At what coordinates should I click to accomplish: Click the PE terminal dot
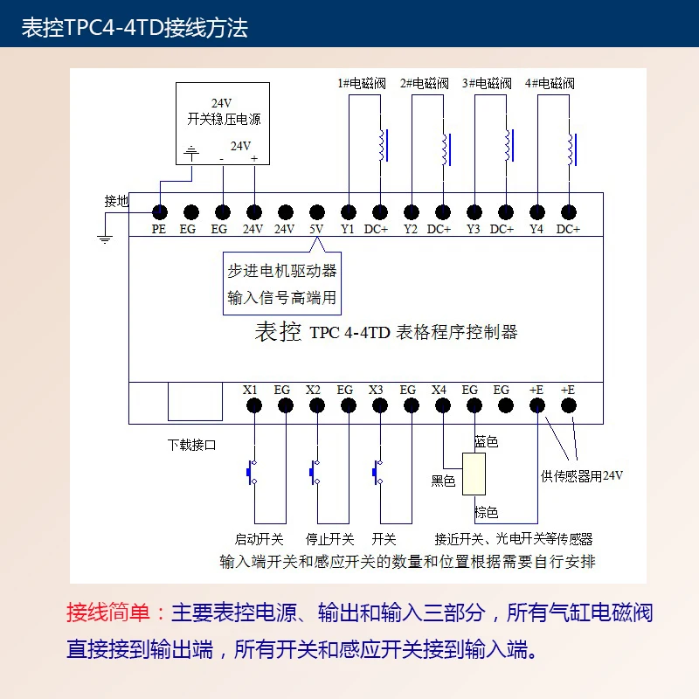click(160, 211)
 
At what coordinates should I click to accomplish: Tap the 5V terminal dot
click(317, 211)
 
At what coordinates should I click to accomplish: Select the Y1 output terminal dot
click(349, 211)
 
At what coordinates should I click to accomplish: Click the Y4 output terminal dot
click(537, 211)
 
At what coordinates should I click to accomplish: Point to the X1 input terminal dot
click(254, 405)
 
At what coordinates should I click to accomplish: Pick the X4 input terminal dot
click(443, 405)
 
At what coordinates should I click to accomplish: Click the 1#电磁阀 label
click(362, 84)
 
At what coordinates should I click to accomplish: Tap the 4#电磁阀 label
click(550, 84)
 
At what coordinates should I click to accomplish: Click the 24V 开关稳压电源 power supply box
click(224, 121)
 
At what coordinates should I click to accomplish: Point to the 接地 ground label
click(117, 201)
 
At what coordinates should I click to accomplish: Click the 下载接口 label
click(192, 445)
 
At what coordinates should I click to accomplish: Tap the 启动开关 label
click(259, 539)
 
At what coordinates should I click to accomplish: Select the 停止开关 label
click(330, 539)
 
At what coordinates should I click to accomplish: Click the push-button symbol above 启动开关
click(252, 472)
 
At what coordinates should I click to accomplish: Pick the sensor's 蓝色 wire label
click(486, 442)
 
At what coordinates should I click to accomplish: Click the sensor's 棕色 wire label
click(486, 513)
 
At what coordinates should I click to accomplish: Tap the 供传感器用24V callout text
click(582, 475)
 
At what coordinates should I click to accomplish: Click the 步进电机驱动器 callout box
click(281, 284)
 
